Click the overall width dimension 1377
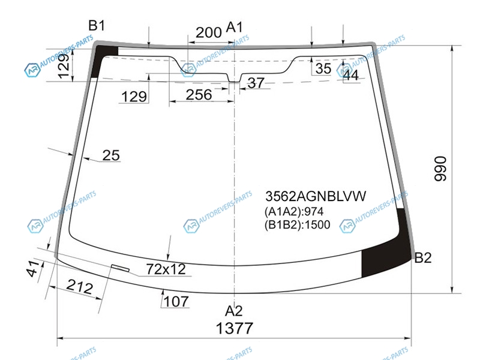pyautogui.click(x=234, y=328)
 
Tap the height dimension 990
pyautogui.click(x=441, y=169)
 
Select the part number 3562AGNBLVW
pyautogui.click(x=316, y=196)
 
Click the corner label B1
pyautogui.click(x=97, y=25)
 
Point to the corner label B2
pyautogui.click(x=423, y=258)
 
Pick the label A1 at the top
pyautogui.click(x=234, y=27)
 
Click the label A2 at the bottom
pyautogui.click(x=234, y=311)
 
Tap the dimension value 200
pyautogui.click(x=208, y=32)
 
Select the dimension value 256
pyautogui.click(x=199, y=95)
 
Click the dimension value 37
pyautogui.click(x=256, y=83)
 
